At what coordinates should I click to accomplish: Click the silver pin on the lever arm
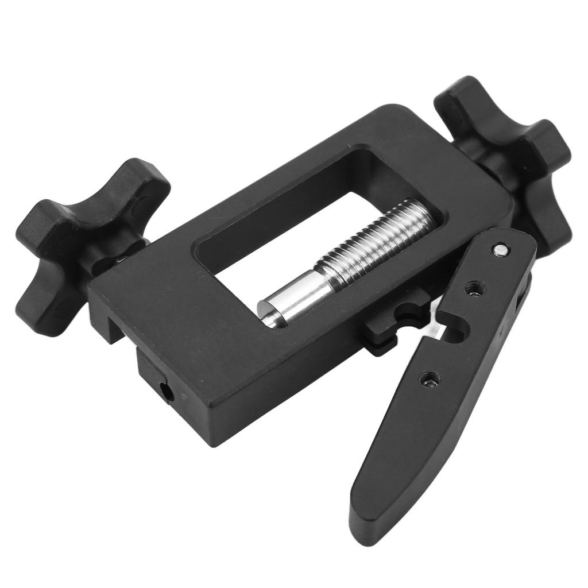point(501,249)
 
